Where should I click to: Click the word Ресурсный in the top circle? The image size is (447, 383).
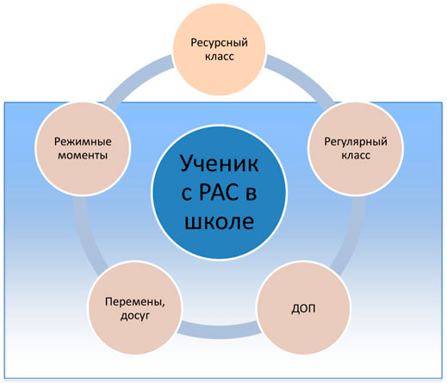[x=219, y=43]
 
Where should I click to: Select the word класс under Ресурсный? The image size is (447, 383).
[x=220, y=56]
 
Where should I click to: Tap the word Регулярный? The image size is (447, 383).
[x=356, y=142]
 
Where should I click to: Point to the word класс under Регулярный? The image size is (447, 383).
[x=356, y=155]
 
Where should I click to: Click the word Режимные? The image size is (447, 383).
[x=83, y=142]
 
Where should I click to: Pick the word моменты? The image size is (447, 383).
[x=83, y=155]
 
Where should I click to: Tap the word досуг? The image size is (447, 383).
[x=135, y=316]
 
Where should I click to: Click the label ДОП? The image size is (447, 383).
[x=303, y=309]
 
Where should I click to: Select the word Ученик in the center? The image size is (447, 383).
[x=220, y=164]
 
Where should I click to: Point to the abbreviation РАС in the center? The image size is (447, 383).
[x=219, y=192]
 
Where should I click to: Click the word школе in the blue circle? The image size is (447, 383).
[x=220, y=221]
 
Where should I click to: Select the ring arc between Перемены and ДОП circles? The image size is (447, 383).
[x=220, y=330]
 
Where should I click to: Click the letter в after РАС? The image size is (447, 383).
[x=251, y=195]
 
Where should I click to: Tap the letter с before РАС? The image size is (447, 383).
[x=187, y=195]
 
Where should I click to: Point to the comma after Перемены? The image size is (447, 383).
[x=164, y=306]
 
